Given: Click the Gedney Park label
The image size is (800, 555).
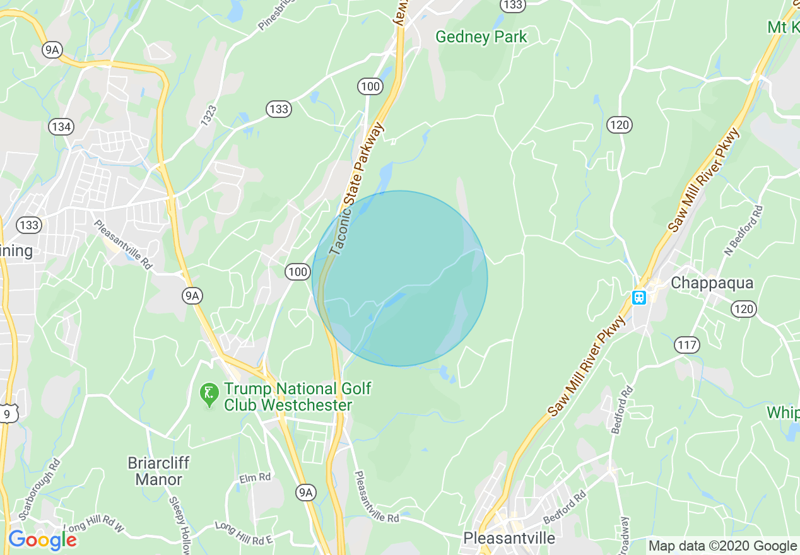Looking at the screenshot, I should click(481, 37).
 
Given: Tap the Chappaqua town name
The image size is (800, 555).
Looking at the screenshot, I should click(712, 283).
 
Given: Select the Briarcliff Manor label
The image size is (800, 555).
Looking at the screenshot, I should click(158, 471).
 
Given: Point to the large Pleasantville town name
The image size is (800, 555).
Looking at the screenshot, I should click(509, 538).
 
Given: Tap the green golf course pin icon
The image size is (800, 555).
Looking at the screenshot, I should click(208, 394).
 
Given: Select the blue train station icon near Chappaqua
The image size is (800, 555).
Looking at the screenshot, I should click(639, 297).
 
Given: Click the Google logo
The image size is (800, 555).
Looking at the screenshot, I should click(42, 540).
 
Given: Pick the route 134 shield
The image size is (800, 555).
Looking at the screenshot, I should click(61, 127).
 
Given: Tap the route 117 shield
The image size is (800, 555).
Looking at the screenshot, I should click(686, 344).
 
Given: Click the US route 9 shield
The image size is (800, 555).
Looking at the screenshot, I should click(8, 413).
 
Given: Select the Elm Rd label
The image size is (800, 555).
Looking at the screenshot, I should click(255, 478).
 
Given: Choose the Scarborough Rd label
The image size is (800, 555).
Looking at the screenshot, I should click(38, 489).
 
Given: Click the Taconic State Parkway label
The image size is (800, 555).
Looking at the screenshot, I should click(356, 189).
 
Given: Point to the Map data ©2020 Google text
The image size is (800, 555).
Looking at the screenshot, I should click(723, 546).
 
